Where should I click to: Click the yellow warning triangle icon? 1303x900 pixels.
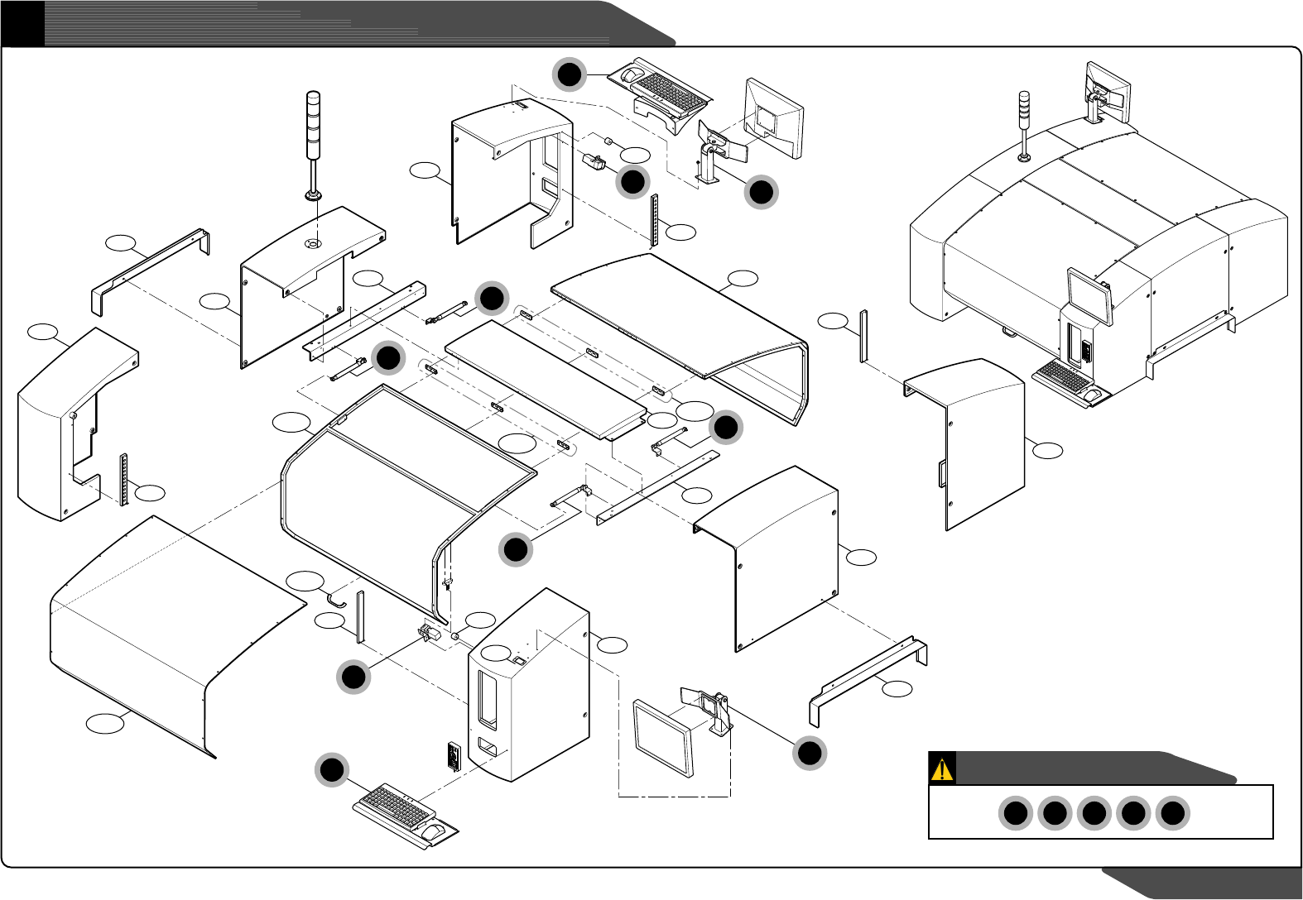click(x=942, y=768)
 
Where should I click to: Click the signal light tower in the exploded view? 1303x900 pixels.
click(x=313, y=141)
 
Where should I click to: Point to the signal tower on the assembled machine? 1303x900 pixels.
click(x=1024, y=124)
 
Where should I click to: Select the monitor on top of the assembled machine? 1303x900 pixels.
click(x=1108, y=85)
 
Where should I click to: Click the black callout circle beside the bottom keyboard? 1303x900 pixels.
click(x=332, y=770)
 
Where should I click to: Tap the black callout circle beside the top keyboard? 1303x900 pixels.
click(x=570, y=74)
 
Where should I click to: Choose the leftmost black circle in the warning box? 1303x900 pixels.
click(x=1015, y=813)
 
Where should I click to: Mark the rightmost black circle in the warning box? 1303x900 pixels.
click(x=1172, y=813)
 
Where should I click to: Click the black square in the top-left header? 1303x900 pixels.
click(x=22, y=23)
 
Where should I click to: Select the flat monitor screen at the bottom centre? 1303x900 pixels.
click(x=662, y=735)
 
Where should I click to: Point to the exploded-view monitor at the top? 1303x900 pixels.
click(x=773, y=118)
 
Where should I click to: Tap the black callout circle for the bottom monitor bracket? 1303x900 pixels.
click(x=810, y=752)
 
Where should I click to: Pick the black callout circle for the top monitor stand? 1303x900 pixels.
click(x=761, y=192)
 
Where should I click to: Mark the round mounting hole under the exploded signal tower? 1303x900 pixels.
click(x=312, y=243)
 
